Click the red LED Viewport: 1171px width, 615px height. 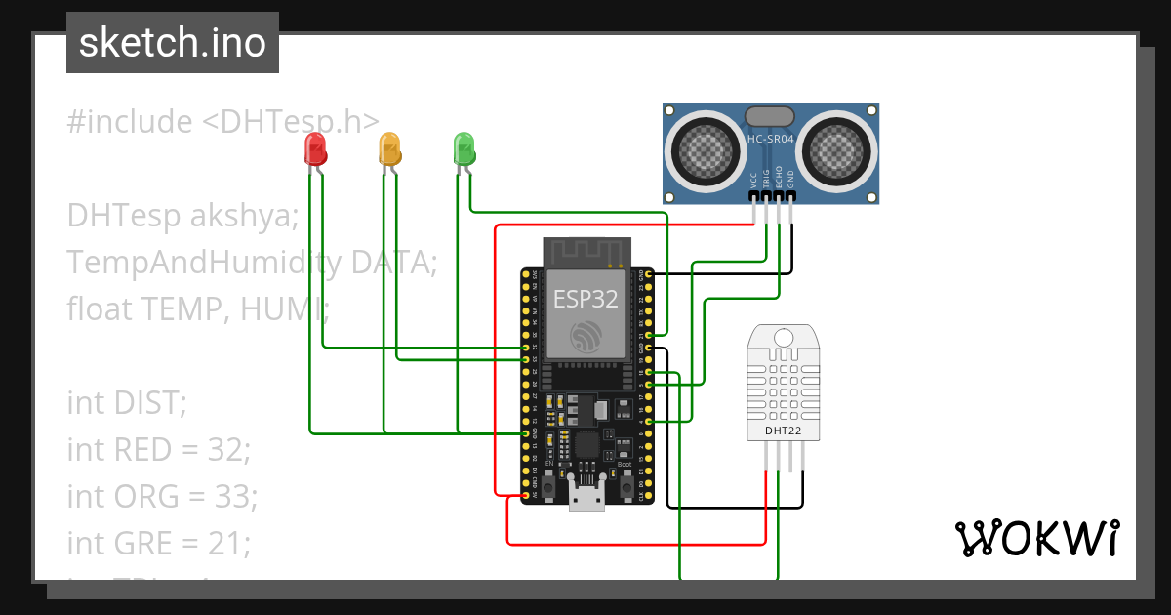coord(315,149)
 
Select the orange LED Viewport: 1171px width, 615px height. coord(389,149)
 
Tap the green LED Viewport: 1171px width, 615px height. coord(464,149)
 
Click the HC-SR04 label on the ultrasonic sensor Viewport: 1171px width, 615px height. coord(770,140)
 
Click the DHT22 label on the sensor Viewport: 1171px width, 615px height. coord(784,430)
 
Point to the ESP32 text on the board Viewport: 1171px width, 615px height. coord(585,299)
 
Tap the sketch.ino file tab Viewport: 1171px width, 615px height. coord(173,43)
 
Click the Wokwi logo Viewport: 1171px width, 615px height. coord(1036,538)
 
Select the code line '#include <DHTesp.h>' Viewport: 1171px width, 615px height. coord(223,122)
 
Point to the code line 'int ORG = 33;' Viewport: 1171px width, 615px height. coord(162,496)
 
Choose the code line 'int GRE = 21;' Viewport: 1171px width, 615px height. coord(159,542)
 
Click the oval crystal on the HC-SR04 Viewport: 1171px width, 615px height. coord(770,117)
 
